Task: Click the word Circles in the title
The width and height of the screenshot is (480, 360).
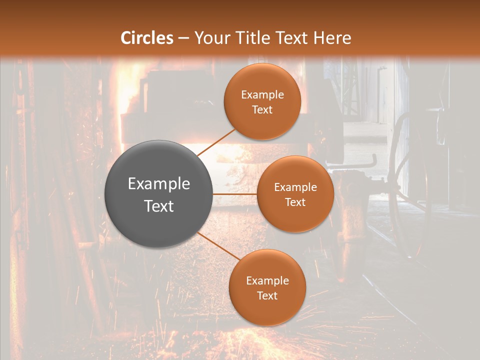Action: [x=147, y=38]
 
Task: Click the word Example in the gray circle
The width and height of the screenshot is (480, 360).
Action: [x=159, y=184]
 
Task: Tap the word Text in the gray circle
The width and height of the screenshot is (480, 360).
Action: [x=159, y=206]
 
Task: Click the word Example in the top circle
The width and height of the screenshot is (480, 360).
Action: [x=262, y=95]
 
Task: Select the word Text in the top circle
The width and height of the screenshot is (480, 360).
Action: [x=262, y=109]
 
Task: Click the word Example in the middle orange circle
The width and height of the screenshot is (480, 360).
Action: [x=295, y=187]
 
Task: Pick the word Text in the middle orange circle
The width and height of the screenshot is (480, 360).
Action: [x=295, y=202]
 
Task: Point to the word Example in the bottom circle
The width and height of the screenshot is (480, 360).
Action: [x=267, y=281]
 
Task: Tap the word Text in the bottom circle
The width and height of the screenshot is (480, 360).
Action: [x=267, y=295]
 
